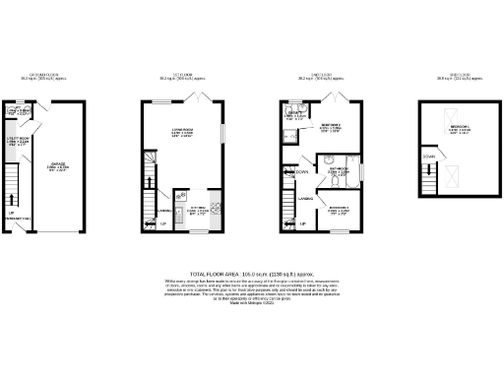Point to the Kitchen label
196,209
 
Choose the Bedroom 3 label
339,210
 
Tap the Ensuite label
294,114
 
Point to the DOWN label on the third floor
429,157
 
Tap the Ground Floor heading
44,75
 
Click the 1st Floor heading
182,75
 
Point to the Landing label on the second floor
306,201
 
